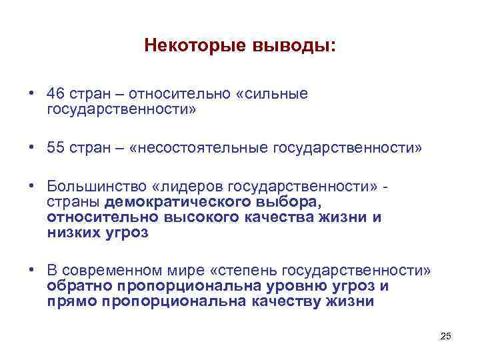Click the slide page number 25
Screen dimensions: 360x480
(446, 336)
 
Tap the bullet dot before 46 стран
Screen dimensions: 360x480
(31, 94)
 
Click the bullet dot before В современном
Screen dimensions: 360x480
(31, 270)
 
